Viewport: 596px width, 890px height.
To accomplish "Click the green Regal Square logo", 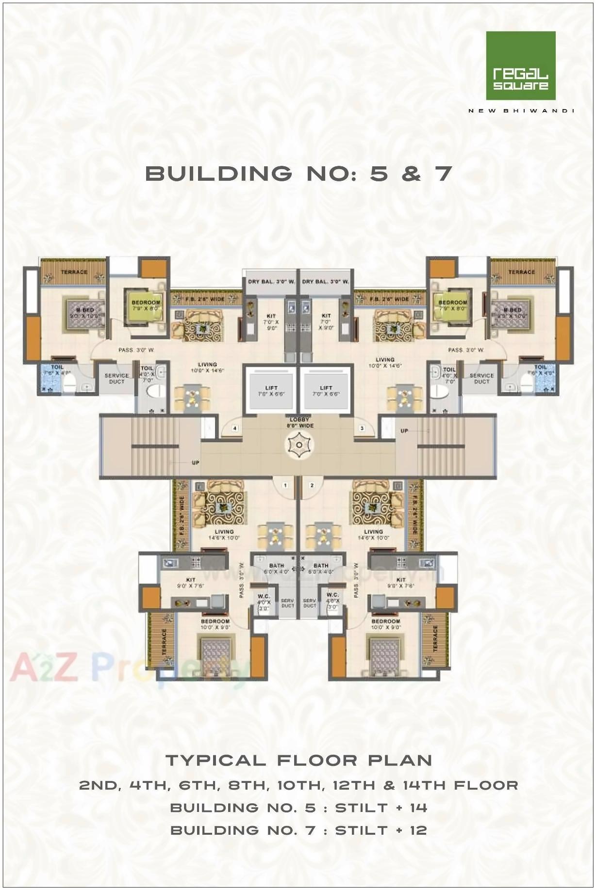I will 520,65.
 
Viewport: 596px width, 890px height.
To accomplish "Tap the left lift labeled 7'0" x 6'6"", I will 271,390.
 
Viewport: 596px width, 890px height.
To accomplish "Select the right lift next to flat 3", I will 326,390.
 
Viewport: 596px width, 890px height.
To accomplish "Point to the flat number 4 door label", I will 235,429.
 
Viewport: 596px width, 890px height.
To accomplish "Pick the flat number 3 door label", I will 362,429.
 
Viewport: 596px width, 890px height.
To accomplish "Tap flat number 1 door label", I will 286,485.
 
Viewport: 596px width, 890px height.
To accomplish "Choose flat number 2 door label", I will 312,485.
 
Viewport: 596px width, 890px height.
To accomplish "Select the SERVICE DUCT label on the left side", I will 117,378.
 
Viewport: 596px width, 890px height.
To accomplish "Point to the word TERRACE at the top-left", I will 74,272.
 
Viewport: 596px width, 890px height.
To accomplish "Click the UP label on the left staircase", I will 195,463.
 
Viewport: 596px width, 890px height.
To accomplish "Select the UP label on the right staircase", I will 404,431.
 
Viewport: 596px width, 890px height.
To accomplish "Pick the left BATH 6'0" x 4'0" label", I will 276,568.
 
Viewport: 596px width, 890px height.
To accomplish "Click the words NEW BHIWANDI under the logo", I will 521,111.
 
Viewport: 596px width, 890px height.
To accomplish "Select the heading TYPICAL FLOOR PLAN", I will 298,760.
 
